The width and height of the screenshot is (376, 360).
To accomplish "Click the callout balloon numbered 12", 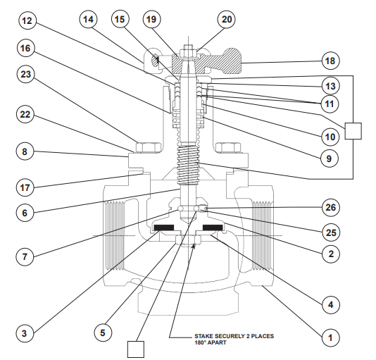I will pos(27,21).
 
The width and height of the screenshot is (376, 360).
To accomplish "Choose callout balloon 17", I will pos(27,187).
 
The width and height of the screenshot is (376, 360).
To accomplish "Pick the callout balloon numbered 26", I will pos(329,208).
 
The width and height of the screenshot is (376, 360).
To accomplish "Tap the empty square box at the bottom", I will pos(136,349).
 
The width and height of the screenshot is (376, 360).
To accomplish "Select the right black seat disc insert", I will pos(213,228).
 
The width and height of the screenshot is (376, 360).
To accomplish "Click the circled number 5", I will pos(104,331).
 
